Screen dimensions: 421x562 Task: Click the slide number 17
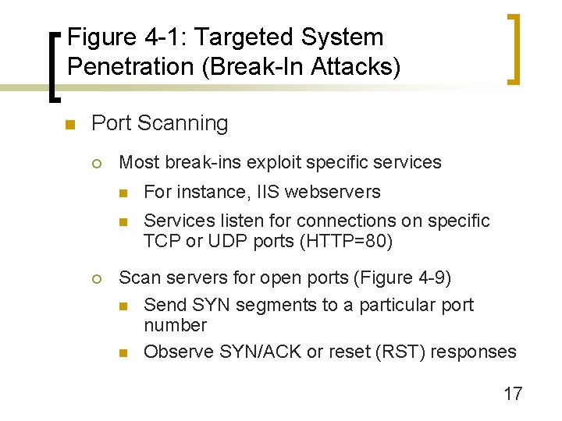click(513, 393)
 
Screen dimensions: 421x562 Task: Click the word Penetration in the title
click(129, 66)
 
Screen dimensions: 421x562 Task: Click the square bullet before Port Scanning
click(69, 125)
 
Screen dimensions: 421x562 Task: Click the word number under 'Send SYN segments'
click(175, 325)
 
